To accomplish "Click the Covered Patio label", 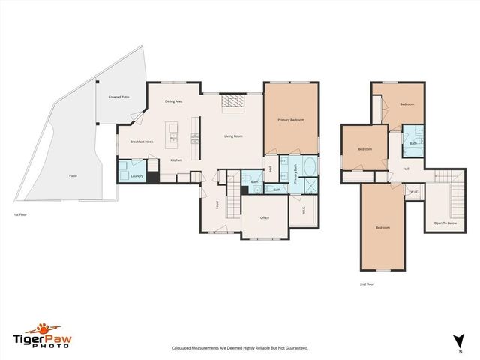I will [118, 97].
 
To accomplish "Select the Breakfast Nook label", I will [142, 142].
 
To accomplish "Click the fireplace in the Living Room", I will [232, 103].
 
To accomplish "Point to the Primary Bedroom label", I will [290, 119].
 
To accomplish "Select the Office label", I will [264, 217].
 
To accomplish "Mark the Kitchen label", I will [176, 160].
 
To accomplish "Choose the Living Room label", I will [233, 136].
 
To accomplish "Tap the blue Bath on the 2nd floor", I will [412, 139].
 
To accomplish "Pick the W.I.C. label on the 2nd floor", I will [414, 193].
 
